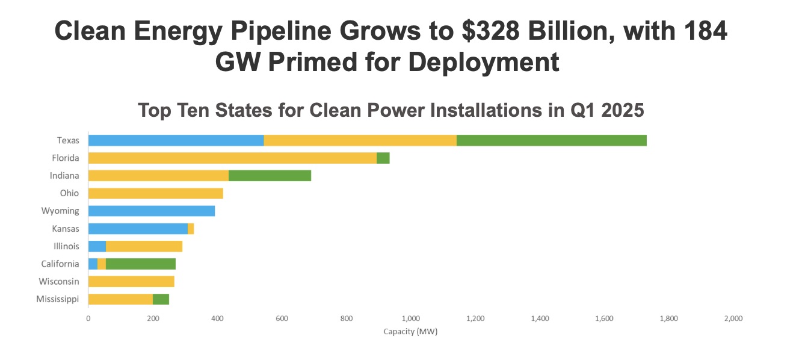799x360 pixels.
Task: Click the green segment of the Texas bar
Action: coord(551,140)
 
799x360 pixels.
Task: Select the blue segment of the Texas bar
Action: coord(176,140)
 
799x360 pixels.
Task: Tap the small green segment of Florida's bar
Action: coord(383,158)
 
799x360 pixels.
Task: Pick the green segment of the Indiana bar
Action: coord(270,176)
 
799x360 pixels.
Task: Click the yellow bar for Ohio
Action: coord(155,193)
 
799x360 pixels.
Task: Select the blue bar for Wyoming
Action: coord(151,211)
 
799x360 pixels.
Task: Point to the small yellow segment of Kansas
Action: coord(191,229)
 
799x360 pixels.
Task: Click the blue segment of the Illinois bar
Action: coord(97,246)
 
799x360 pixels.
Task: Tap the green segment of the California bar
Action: coord(140,264)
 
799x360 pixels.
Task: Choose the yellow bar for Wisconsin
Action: coord(131,281)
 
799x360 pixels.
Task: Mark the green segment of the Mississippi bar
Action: coord(161,299)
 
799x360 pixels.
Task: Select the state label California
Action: coord(60,264)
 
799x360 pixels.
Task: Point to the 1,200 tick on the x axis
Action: coord(475,318)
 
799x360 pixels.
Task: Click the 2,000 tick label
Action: coord(733,318)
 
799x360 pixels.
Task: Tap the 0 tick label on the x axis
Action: coord(88,318)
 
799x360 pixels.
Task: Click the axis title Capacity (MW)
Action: coord(410,332)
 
